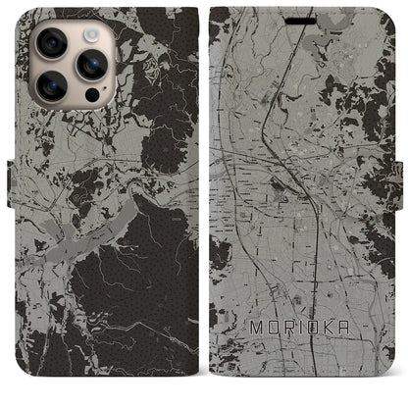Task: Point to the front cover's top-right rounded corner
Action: [392, 12]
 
